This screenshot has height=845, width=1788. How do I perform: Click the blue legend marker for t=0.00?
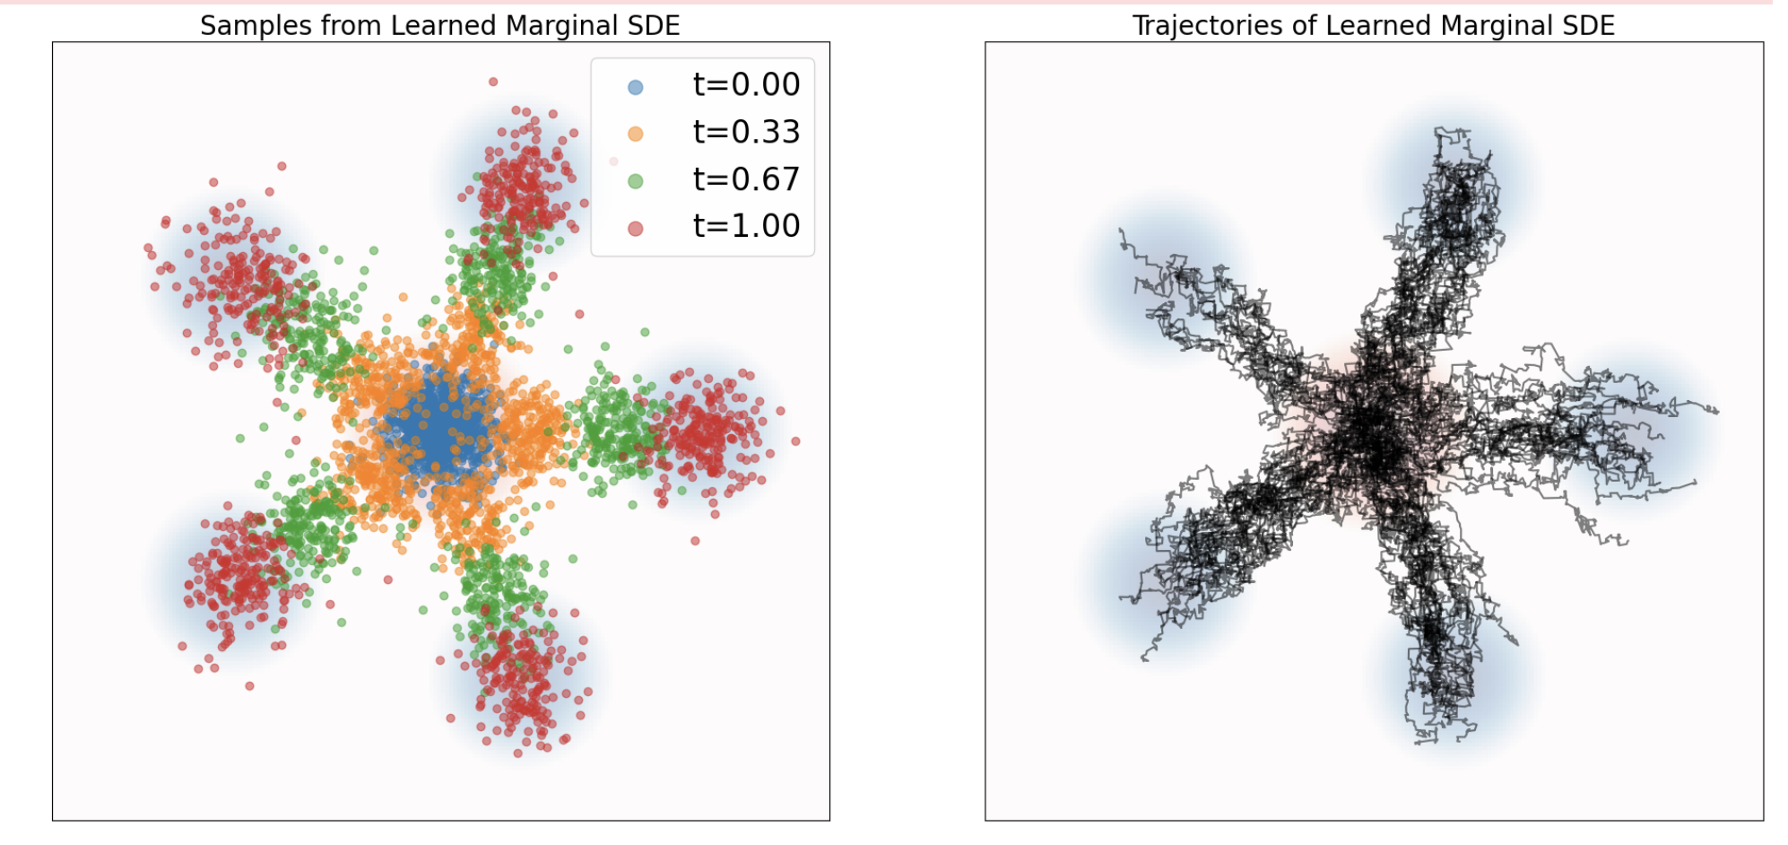(x=636, y=87)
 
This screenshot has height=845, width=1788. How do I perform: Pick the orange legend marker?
(x=636, y=134)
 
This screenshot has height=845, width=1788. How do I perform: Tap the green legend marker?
(x=636, y=181)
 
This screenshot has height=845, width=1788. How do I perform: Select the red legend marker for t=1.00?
(x=636, y=229)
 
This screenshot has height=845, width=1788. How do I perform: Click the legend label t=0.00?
(x=746, y=85)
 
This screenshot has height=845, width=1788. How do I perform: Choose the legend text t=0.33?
(x=746, y=133)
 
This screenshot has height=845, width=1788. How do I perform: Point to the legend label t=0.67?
(x=746, y=179)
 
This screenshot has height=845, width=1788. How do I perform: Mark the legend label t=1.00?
(x=746, y=226)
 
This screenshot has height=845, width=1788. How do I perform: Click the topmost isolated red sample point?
(x=493, y=82)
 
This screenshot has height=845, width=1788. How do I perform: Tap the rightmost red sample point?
(x=795, y=441)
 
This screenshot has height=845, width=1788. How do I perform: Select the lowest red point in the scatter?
(x=518, y=753)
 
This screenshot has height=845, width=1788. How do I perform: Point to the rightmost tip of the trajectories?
(x=1717, y=412)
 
